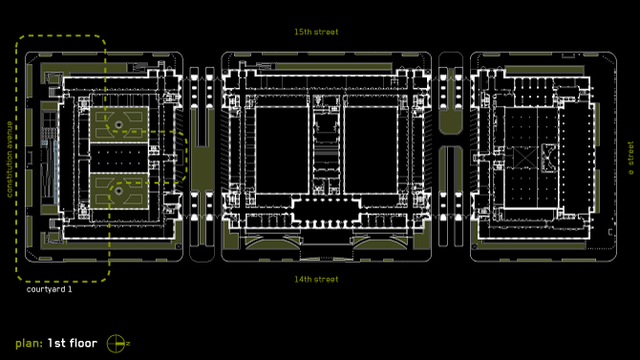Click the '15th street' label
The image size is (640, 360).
(316, 32)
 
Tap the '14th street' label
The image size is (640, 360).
(316, 280)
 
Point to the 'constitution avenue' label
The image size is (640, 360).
(10, 159)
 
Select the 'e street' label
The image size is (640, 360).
(630, 158)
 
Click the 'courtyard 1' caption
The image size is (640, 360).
(49, 289)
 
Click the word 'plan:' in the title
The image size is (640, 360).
(29, 344)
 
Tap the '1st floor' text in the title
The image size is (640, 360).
(73, 343)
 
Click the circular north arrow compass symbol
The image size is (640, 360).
(116, 344)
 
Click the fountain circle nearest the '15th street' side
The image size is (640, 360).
(118, 125)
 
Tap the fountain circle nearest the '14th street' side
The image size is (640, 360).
(118, 191)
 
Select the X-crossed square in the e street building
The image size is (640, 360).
(524, 158)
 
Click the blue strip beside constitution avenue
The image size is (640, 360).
(55, 172)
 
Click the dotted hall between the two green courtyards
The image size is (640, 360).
(118, 158)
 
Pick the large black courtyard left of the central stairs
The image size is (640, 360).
(282, 150)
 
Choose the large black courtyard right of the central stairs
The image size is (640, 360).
(371, 150)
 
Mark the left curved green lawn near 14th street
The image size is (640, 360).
(272, 244)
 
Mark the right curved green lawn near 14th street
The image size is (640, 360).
(380, 244)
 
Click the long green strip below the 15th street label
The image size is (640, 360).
(334, 66)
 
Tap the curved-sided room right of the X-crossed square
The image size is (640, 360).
(548, 158)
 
